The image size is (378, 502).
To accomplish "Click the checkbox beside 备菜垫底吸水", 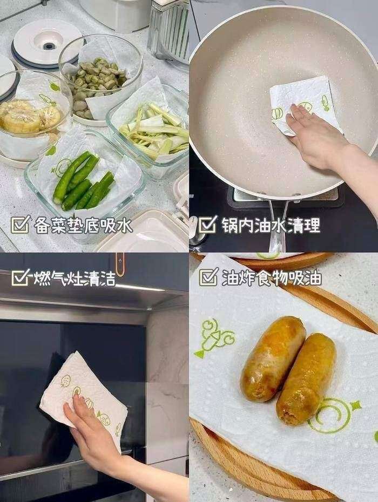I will coord(20,225).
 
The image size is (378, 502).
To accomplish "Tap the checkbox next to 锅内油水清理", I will coord(208,225).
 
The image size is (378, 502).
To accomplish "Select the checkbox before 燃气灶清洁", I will coord(20,278).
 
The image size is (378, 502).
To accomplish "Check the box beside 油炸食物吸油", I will coord(208,277).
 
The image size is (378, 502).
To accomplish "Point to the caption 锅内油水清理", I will coord(270,225).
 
